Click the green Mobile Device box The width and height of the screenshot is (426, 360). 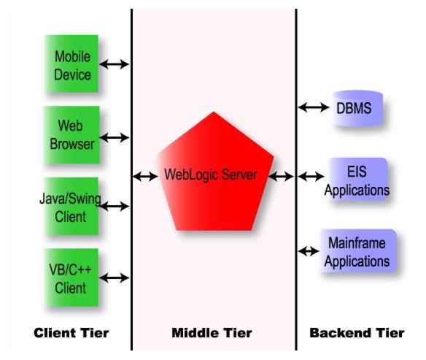pos(71,64)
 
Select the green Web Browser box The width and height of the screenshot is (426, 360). pos(72,134)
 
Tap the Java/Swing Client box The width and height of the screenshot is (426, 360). pos(71,206)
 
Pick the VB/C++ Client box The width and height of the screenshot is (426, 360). pos(71,277)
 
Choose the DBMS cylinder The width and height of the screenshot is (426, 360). pos(358,108)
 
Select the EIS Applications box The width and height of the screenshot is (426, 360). pos(357,180)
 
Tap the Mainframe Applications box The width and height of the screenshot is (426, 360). pos(358,250)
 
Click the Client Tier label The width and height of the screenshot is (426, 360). pos(71,333)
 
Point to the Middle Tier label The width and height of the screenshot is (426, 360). pos(212,333)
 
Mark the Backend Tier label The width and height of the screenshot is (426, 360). pos(357,333)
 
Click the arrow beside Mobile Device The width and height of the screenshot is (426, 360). pos(114,64)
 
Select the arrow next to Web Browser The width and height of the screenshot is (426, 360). pos(115,137)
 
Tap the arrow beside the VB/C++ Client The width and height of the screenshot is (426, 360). pos(115,278)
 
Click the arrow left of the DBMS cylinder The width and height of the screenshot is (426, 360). pos(314,107)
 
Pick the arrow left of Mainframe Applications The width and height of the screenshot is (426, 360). pos(309,251)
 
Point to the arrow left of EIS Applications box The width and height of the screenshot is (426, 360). pos(311,177)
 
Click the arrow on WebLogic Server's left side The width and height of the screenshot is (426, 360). pos(145,177)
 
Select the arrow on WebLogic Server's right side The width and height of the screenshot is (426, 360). pos(281,177)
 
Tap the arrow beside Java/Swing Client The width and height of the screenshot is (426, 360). pos(114,207)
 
